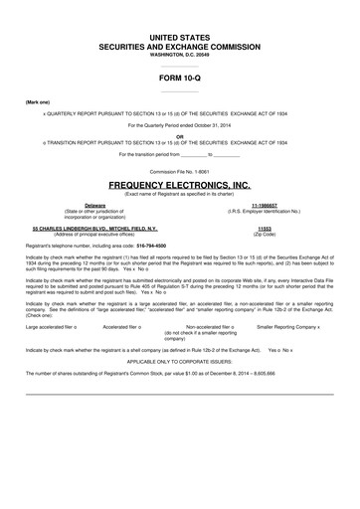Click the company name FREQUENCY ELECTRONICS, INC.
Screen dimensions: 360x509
coord(179,185)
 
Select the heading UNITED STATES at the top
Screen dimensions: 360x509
coord(179,35)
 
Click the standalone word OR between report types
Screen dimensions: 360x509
coord(179,136)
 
